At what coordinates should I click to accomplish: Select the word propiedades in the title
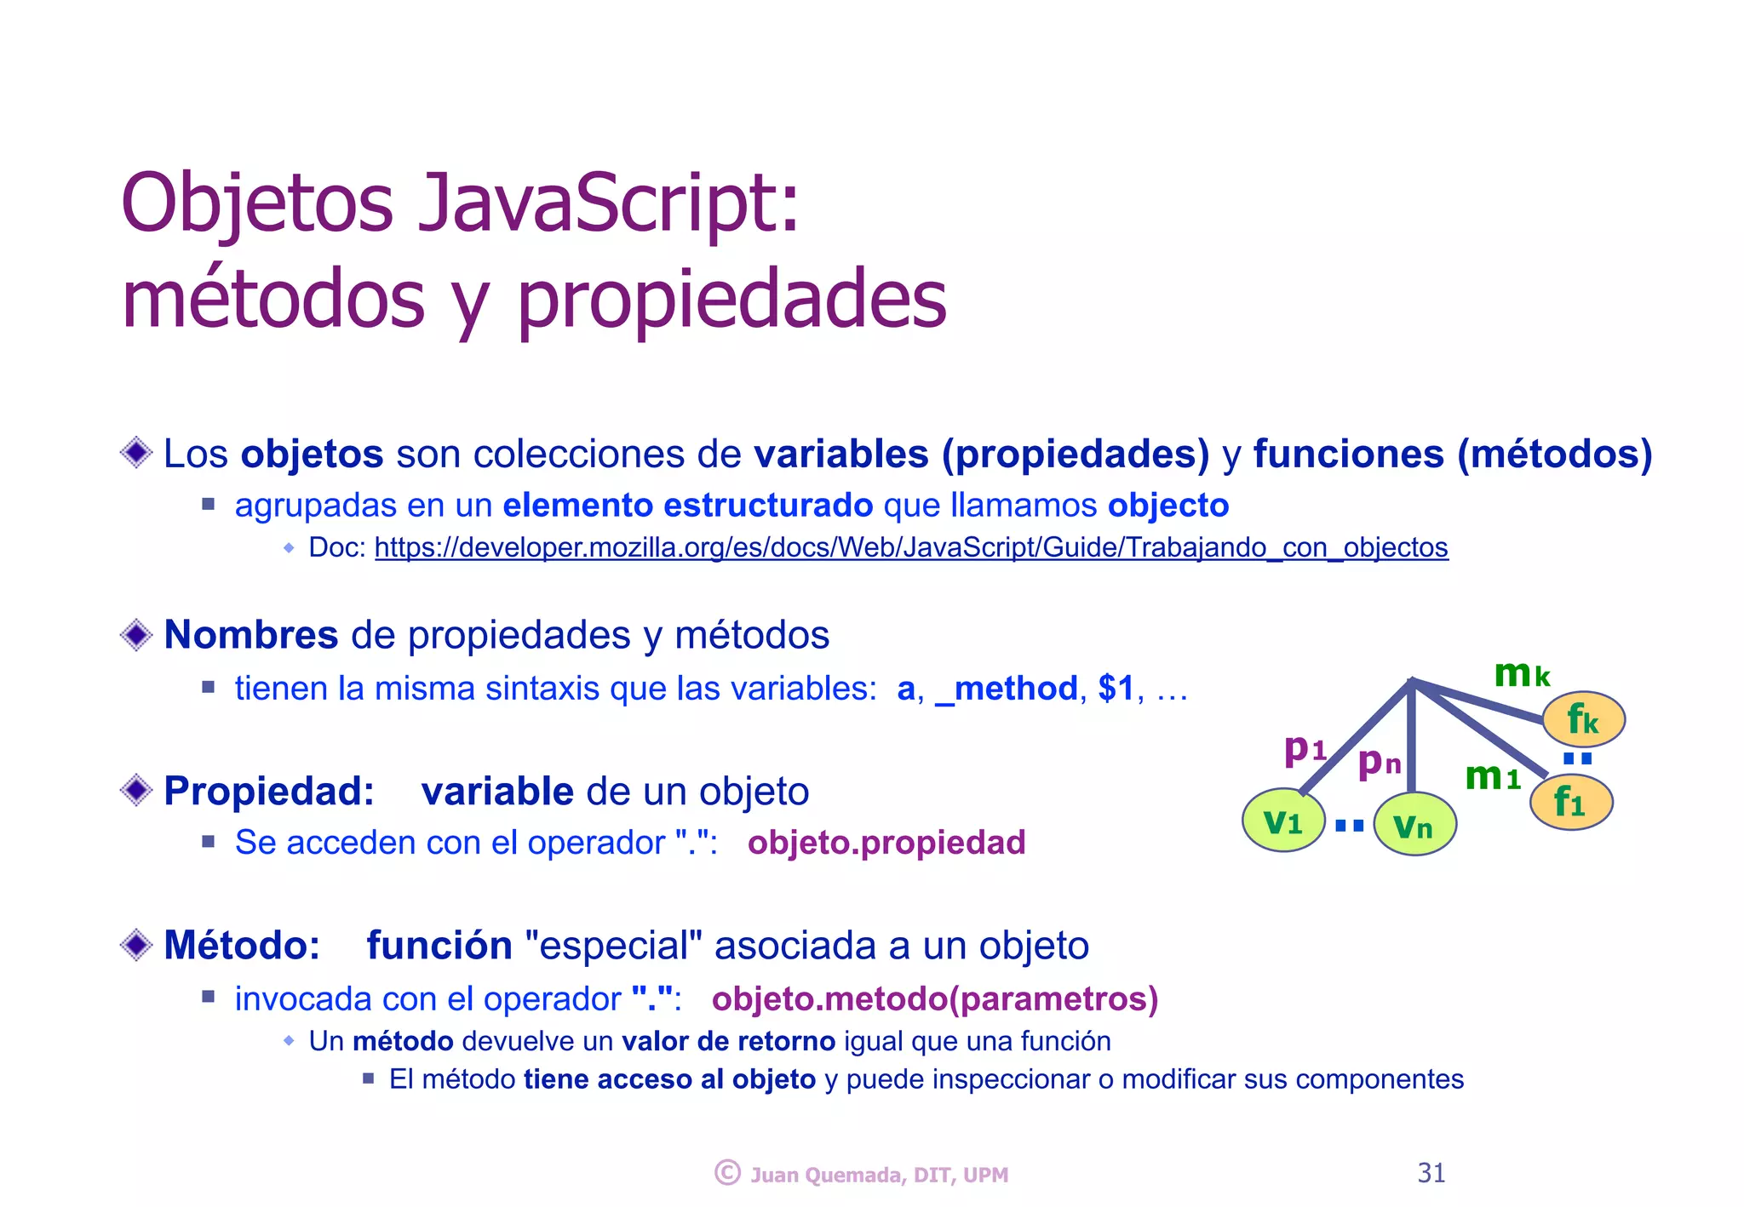pyautogui.click(x=731, y=300)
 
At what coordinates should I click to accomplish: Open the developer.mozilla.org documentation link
pyautogui.click(x=910, y=547)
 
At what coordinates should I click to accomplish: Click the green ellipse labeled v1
pyautogui.click(x=1282, y=821)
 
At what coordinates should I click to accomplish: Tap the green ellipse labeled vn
pyautogui.click(x=1414, y=824)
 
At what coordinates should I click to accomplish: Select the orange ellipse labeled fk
pyautogui.click(x=1583, y=719)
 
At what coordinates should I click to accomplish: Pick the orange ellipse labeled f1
pyautogui.click(x=1570, y=802)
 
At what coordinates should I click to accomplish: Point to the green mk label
pyautogui.click(x=1521, y=673)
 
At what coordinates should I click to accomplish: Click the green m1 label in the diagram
pyautogui.click(x=1492, y=776)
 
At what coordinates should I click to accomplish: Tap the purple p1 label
pyautogui.click(x=1305, y=749)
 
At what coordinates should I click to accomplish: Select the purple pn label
pyautogui.click(x=1379, y=762)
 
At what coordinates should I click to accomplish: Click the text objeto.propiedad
pyautogui.click(x=886, y=843)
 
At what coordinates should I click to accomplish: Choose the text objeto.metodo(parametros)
pyautogui.click(x=934, y=998)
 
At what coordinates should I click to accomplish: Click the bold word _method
pyautogui.click(x=1006, y=688)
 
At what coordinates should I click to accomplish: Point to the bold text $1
pyautogui.click(x=1116, y=688)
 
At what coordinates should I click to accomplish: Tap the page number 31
pyautogui.click(x=1431, y=1173)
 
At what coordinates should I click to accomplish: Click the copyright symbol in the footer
pyautogui.click(x=726, y=1173)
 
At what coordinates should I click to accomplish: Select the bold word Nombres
pyautogui.click(x=250, y=635)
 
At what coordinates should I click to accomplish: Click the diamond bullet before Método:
pyautogui.click(x=136, y=945)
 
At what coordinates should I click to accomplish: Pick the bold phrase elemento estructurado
pyautogui.click(x=687, y=505)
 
